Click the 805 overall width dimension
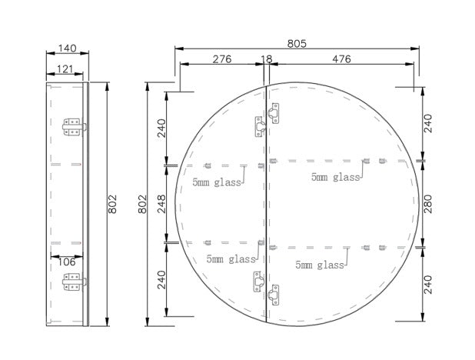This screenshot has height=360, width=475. pos(297,44)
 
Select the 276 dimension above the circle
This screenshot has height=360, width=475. pos(222,59)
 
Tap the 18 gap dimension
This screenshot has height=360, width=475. pos(267,59)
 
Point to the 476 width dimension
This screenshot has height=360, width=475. pos(341,59)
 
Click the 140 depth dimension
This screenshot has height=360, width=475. pos(67,48)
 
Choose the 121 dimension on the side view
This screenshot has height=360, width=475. pos(65,69)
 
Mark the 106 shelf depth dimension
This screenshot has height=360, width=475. pos(66,262)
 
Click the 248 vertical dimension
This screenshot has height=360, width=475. pos(161,204)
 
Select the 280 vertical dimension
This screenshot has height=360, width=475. pos(428,204)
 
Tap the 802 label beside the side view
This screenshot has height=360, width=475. pos(112,204)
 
